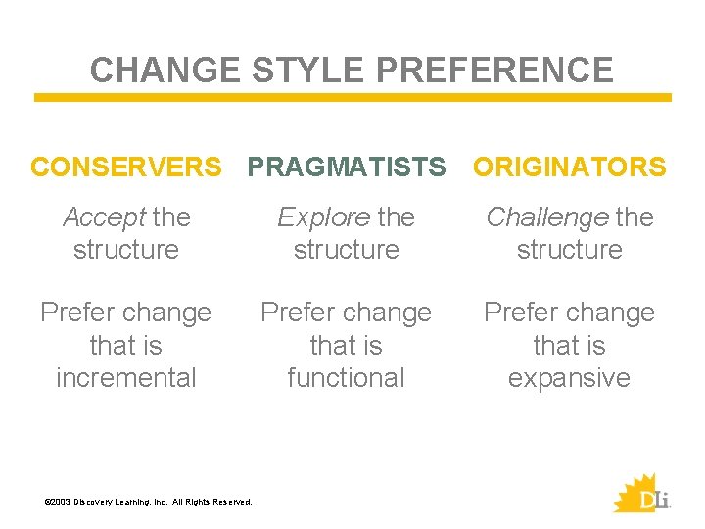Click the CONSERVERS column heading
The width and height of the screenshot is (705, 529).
coord(126,168)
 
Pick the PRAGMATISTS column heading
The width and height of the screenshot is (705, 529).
coord(347,168)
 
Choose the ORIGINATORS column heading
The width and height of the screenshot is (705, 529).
coord(570,168)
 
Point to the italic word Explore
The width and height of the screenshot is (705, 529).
coord(323,217)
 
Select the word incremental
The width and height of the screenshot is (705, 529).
coord(126,378)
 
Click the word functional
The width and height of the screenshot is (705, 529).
coord(346,378)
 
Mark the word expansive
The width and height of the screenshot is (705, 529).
coord(569,378)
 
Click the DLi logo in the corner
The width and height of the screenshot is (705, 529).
coord(641,493)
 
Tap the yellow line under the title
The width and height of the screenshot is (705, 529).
coord(352,98)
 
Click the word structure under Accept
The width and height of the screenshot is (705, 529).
coord(126,250)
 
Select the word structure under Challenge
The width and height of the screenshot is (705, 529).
coord(569,250)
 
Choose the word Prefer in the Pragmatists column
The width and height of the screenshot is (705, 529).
coord(297,313)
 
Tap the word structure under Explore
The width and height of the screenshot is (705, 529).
coord(346,250)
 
